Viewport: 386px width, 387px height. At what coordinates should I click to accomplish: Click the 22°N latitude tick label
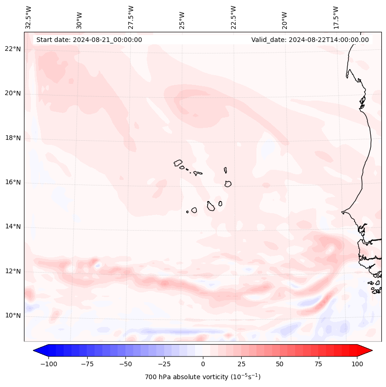coord(13,49)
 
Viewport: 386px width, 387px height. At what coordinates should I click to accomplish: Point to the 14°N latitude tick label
coord(13,227)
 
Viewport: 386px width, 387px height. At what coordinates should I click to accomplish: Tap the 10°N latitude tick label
coord(13,316)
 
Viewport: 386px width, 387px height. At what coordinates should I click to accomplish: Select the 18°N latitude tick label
coord(13,138)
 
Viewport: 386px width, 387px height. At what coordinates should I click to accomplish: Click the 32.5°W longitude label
coord(28,18)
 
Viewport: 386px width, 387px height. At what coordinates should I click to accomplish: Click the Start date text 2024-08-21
coord(89,40)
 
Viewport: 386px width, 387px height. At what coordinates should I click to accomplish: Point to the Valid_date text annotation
coord(310,40)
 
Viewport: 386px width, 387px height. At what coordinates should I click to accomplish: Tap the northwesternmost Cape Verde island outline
coord(178,163)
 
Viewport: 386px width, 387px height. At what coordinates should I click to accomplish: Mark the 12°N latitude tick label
coord(13,271)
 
